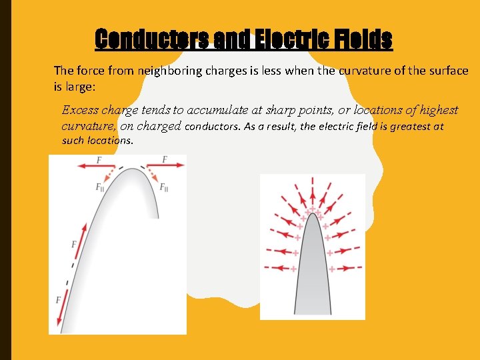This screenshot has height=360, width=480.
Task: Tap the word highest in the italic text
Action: click(437, 110)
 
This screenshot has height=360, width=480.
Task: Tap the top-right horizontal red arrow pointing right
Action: click(163, 166)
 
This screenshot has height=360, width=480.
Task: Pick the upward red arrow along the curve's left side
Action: click(82, 241)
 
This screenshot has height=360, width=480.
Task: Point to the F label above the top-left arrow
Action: click(99, 159)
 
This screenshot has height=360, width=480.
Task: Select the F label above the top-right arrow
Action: click(164, 159)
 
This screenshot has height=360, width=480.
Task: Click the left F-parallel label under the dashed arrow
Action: click(101, 188)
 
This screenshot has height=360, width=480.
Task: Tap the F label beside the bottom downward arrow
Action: click(58, 301)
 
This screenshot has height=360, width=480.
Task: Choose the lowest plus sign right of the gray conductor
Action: click(331, 268)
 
